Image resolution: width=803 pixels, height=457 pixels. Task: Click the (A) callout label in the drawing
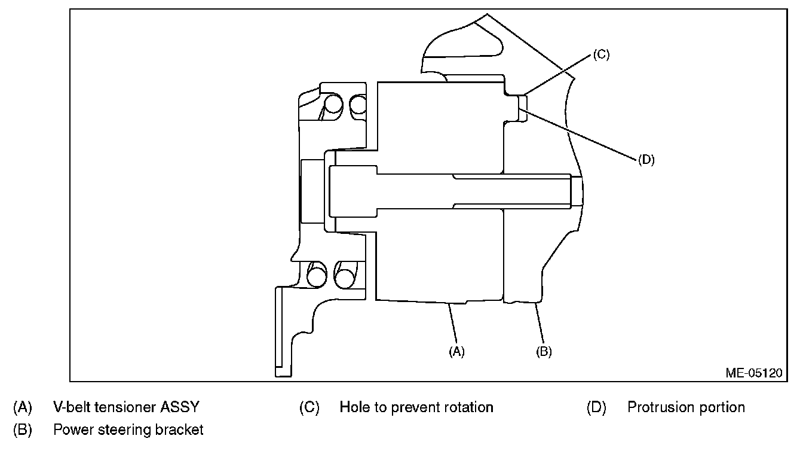click(456, 352)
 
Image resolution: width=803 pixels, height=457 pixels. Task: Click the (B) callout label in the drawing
click(544, 352)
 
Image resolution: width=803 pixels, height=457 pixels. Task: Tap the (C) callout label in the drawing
click(600, 55)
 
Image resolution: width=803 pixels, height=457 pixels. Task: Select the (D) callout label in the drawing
click(646, 160)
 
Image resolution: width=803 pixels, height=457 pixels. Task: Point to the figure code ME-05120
click(754, 373)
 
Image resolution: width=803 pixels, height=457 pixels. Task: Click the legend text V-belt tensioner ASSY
click(126, 407)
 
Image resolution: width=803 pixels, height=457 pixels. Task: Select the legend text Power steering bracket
click(128, 429)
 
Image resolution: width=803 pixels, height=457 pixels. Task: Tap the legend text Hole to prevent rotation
click(416, 407)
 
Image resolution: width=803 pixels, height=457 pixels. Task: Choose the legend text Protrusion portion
click(686, 407)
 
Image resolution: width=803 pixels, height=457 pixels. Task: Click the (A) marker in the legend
click(23, 407)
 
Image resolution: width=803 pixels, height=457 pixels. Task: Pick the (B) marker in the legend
click(23, 429)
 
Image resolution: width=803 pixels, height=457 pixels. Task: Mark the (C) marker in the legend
click(309, 407)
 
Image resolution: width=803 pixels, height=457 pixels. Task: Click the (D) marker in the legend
click(597, 407)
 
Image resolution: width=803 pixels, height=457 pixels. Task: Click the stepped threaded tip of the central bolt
click(576, 191)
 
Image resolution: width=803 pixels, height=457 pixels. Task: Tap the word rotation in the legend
click(469, 407)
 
